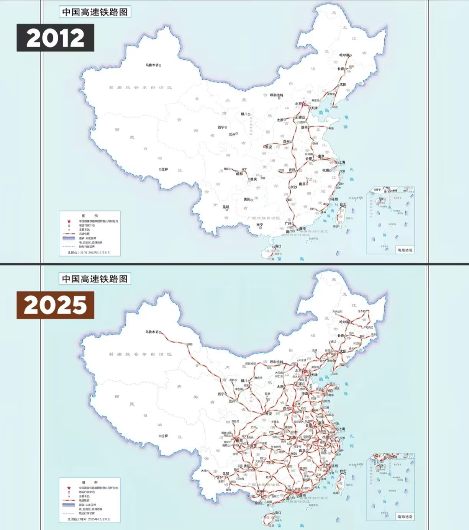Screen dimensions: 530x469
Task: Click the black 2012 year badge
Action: tap(55, 38)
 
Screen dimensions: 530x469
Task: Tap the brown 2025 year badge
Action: tap(55, 305)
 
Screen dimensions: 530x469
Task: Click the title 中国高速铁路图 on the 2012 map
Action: tap(95, 12)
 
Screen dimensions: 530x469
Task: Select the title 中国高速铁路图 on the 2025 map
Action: tap(95, 279)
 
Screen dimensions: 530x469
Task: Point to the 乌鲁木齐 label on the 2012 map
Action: tap(152, 65)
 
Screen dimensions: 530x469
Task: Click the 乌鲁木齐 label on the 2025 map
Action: tap(152, 332)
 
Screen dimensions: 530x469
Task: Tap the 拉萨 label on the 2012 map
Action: tap(165, 169)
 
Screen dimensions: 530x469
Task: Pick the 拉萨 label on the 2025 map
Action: tap(165, 436)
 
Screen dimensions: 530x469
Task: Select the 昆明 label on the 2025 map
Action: tap(226, 473)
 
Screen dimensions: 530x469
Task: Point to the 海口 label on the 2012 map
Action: tap(278, 246)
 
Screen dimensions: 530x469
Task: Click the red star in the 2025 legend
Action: tap(69, 488)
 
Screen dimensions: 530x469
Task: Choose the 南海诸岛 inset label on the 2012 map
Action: tap(405, 250)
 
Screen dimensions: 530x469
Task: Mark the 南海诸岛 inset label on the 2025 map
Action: tap(405, 517)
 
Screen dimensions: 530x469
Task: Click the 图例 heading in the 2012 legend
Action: tap(90, 216)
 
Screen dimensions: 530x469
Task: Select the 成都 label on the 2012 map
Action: tap(239, 173)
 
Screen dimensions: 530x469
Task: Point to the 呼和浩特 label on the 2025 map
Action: tap(277, 362)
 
